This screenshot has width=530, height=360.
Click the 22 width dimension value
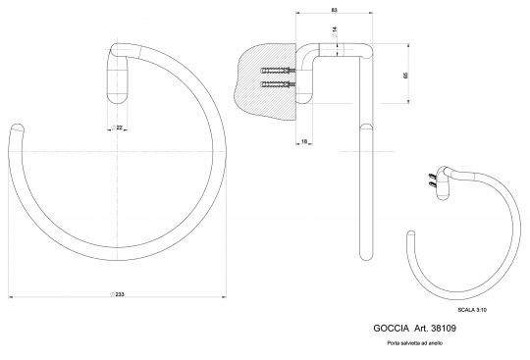119,128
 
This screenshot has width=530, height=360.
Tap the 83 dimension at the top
335,9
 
